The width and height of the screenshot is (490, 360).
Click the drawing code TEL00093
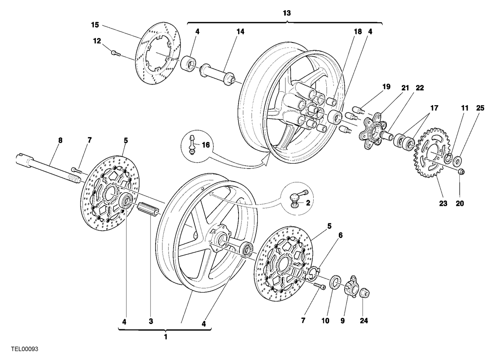[25, 349]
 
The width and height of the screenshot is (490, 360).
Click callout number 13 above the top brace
[287, 13]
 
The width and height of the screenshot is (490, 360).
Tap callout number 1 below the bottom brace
[166, 337]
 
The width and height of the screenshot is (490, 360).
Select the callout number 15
[95, 25]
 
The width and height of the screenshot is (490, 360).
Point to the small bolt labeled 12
[116, 53]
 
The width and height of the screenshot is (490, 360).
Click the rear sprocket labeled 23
[431, 153]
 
